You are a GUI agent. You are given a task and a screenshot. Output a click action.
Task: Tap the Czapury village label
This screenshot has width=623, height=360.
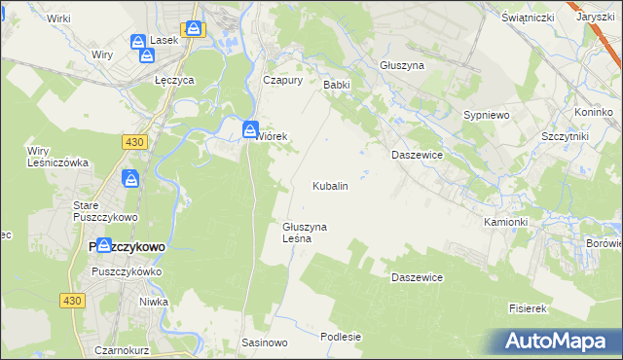(283, 81)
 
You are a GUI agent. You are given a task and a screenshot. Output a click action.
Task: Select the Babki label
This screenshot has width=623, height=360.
(336, 85)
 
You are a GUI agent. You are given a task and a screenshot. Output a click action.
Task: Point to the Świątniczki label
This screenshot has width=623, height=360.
(529, 18)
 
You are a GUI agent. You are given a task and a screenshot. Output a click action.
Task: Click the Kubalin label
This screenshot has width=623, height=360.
(330, 185)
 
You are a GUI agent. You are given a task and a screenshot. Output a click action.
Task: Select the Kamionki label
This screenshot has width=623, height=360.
(505, 222)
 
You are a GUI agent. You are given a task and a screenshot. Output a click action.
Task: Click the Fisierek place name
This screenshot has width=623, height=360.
(528, 308)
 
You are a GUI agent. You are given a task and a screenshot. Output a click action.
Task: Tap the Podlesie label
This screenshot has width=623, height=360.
(341, 337)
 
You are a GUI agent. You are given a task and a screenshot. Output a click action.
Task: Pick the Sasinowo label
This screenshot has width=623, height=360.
(265, 343)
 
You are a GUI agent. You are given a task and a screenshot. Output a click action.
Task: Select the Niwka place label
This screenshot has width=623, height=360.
(153, 302)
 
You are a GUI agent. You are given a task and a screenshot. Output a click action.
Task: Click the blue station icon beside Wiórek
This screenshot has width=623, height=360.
(250, 128)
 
